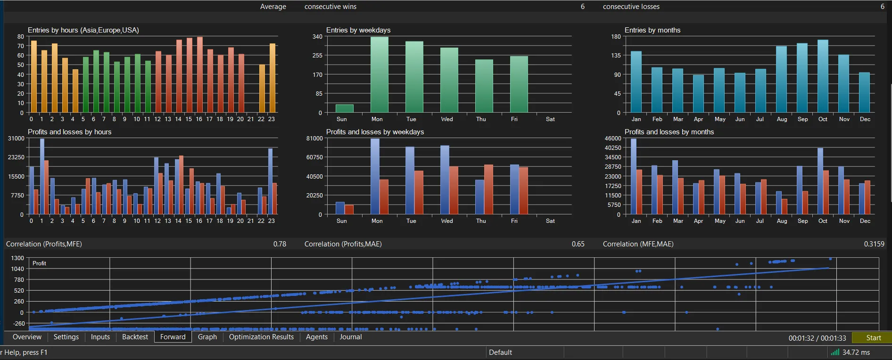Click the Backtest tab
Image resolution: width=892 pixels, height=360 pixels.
coord(135,337)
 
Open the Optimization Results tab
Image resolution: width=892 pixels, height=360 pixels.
coord(261,337)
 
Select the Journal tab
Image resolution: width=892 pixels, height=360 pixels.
coord(351,337)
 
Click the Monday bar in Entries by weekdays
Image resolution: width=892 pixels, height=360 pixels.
coord(380,74)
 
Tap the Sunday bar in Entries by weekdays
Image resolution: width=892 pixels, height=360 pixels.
coord(345,108)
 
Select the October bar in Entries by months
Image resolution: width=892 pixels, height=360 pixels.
coord(823,76)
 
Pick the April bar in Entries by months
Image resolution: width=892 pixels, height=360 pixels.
coord(698,94)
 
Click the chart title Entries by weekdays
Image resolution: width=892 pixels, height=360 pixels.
coord(358,30)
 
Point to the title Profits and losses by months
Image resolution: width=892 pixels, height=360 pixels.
coord(669,132)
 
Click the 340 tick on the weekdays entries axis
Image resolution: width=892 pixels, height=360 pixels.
coord(317,37)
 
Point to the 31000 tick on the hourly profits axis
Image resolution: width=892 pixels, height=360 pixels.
coord(16,139)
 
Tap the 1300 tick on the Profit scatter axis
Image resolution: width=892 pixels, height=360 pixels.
coord(17,258)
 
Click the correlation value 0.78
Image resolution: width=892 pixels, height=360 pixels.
coord(280,244)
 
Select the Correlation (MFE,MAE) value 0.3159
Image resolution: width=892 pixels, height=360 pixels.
coord(874,244)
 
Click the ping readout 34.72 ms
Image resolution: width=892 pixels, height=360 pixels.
coord(856,352)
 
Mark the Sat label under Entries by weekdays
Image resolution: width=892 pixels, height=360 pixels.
coord(550,119)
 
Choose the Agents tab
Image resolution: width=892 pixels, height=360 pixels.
coord(317,337)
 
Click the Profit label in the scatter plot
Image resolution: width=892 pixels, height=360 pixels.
coord(39,263)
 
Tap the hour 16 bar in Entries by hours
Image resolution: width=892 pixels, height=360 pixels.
coord(199,75)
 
